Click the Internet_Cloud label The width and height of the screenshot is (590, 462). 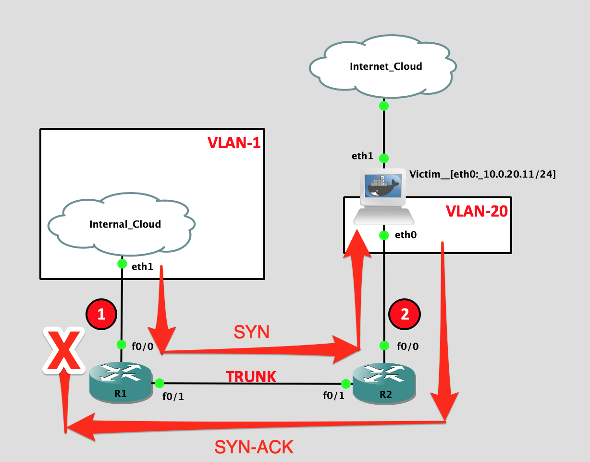(386, 66)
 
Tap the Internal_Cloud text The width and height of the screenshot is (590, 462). (125, 224)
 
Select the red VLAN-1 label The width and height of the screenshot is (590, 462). (234, 143)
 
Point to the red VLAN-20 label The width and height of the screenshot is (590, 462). (477, 211)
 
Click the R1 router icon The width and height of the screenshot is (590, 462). (121, 382)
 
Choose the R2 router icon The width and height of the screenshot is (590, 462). (384, 383)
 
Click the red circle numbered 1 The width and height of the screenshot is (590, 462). (101, 314)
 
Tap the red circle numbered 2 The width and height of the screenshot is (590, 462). (405, 314)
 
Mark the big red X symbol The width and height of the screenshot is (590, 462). (64, 350)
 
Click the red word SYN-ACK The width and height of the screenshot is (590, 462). (254, 447)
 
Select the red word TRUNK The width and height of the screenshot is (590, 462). (251, 377)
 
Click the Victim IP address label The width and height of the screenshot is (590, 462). (482, 174)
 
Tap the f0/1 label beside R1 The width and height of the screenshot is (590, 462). (173, 397)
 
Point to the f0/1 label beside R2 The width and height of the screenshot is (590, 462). (334, 396)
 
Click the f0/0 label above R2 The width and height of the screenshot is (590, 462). (408, 346)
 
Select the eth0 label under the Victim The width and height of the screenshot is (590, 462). (406, 235)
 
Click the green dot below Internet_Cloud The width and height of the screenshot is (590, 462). (384, 106)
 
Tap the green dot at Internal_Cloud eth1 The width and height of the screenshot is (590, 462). (122, 264)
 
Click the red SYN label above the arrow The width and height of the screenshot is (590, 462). (251, 332)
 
